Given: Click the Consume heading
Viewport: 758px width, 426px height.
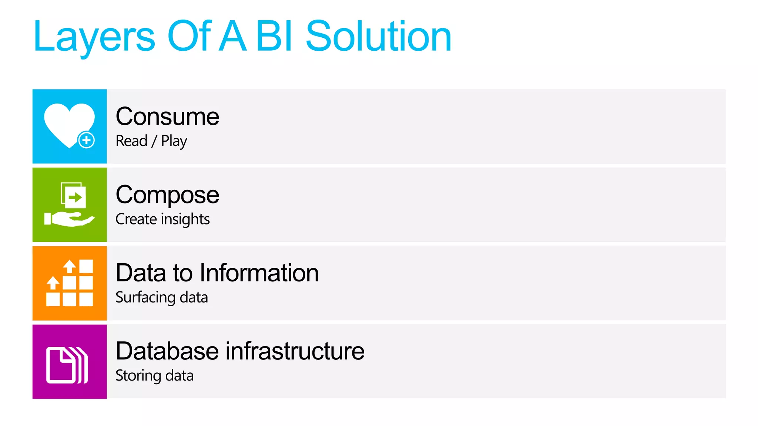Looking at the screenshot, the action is [167, 116].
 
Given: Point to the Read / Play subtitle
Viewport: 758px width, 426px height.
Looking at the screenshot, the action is [151, 141].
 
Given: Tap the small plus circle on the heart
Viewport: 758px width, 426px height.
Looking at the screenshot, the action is [87, 140].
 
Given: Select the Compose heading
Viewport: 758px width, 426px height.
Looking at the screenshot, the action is [167, 195].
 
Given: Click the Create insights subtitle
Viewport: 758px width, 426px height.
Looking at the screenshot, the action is [162, 219].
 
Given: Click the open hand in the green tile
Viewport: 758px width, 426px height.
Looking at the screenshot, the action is [70, 219].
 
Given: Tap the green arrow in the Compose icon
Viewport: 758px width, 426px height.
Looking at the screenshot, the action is [76, 197].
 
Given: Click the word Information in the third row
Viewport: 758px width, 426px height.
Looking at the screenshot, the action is [259, 273].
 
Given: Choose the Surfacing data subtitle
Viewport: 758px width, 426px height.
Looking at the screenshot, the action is [161, 297].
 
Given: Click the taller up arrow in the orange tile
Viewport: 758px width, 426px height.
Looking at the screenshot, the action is [69, 266].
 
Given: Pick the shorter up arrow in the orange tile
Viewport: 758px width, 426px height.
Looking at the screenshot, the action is [53, 283].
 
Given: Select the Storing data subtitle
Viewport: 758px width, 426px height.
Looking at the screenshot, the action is [154, 376].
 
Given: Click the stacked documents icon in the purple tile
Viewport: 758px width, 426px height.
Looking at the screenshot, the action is [67, 365].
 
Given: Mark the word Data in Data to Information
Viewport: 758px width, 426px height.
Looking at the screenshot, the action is [141, 273].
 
